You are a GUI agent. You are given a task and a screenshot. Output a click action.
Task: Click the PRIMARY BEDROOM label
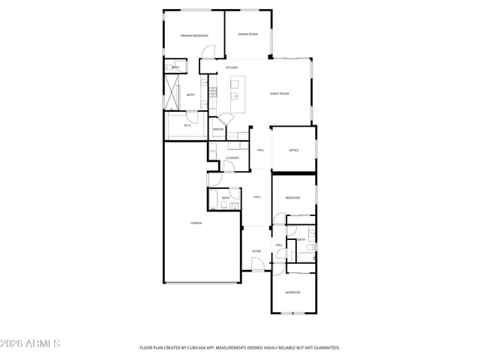194,36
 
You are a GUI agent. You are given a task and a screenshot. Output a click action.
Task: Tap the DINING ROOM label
248,34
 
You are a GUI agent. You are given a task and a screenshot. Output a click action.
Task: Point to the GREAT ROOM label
280,94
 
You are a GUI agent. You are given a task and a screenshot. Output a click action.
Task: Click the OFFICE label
294,150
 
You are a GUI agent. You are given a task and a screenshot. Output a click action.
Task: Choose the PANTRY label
218,129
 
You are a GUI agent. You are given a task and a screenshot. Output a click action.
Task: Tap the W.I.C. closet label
187,125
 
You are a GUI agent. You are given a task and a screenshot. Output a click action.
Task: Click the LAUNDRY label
232,157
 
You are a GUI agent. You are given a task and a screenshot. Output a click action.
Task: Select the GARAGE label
196,223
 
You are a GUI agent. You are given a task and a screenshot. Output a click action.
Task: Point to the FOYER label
256,251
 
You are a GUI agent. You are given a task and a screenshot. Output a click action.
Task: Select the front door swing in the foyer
257,264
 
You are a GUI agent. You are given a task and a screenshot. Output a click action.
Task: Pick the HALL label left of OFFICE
260,150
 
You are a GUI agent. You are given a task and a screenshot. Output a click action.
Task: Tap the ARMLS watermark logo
31,343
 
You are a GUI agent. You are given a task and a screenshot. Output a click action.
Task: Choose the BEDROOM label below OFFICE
292,197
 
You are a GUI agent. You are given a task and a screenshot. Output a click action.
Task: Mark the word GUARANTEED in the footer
326,348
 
